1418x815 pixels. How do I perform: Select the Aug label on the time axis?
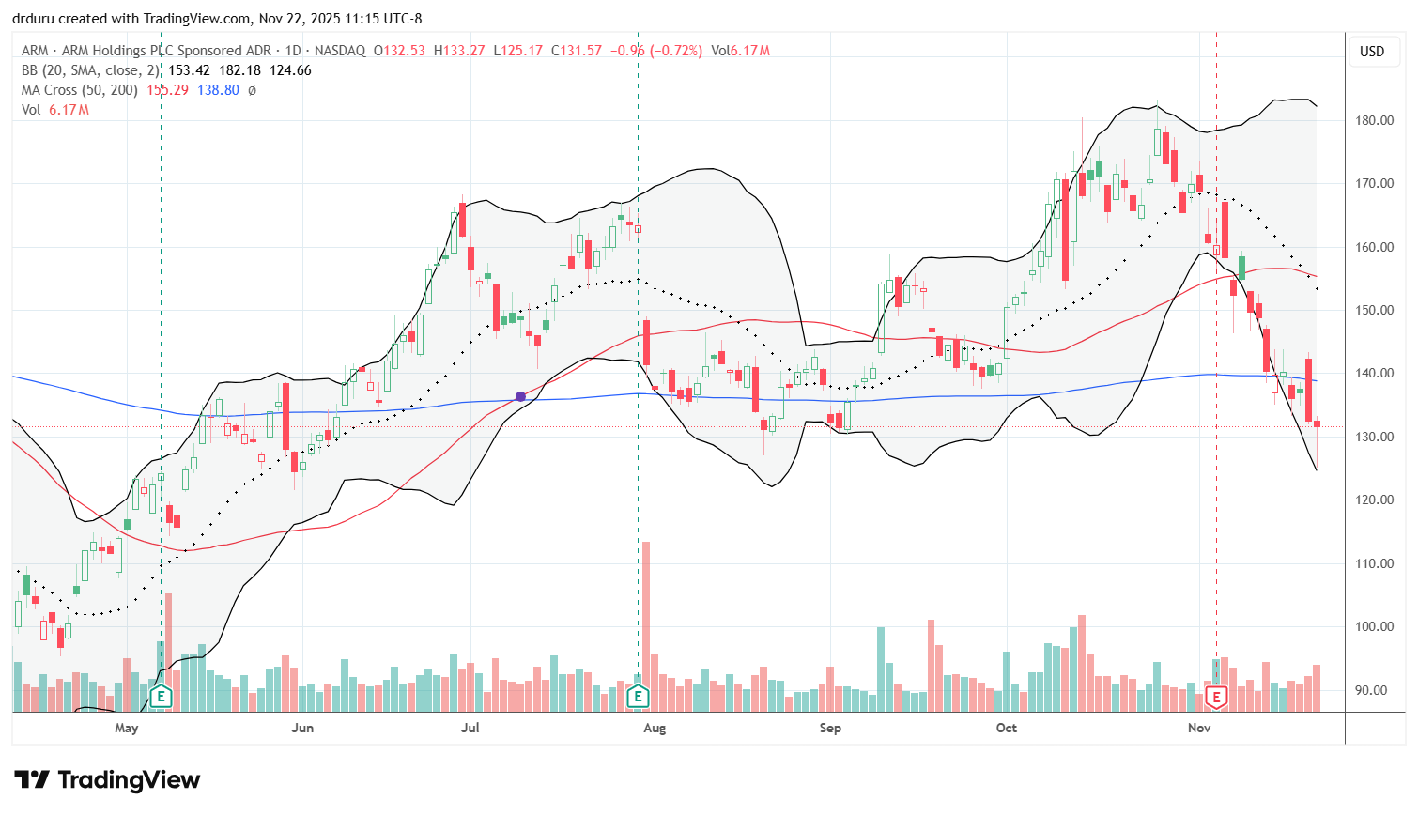click(655, 728)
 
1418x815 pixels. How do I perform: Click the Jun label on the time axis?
click(302, 728)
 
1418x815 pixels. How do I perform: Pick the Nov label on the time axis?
click(1199, 728)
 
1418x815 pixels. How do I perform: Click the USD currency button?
click(1372, 52)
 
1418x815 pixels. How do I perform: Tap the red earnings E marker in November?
click(1217, 697)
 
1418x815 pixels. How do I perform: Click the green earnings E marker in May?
click(162, 697)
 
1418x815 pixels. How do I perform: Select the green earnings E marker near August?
click(639, 697)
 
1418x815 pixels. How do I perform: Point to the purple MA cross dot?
click(520, 396)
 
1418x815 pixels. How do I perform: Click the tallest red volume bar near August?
click(646, 620)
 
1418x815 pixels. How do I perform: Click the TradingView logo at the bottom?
click(107, 780)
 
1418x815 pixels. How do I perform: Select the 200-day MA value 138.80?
click(218, 90)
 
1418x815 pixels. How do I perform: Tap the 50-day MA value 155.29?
click(167, 90)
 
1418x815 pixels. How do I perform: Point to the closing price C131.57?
click(577, 51)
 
